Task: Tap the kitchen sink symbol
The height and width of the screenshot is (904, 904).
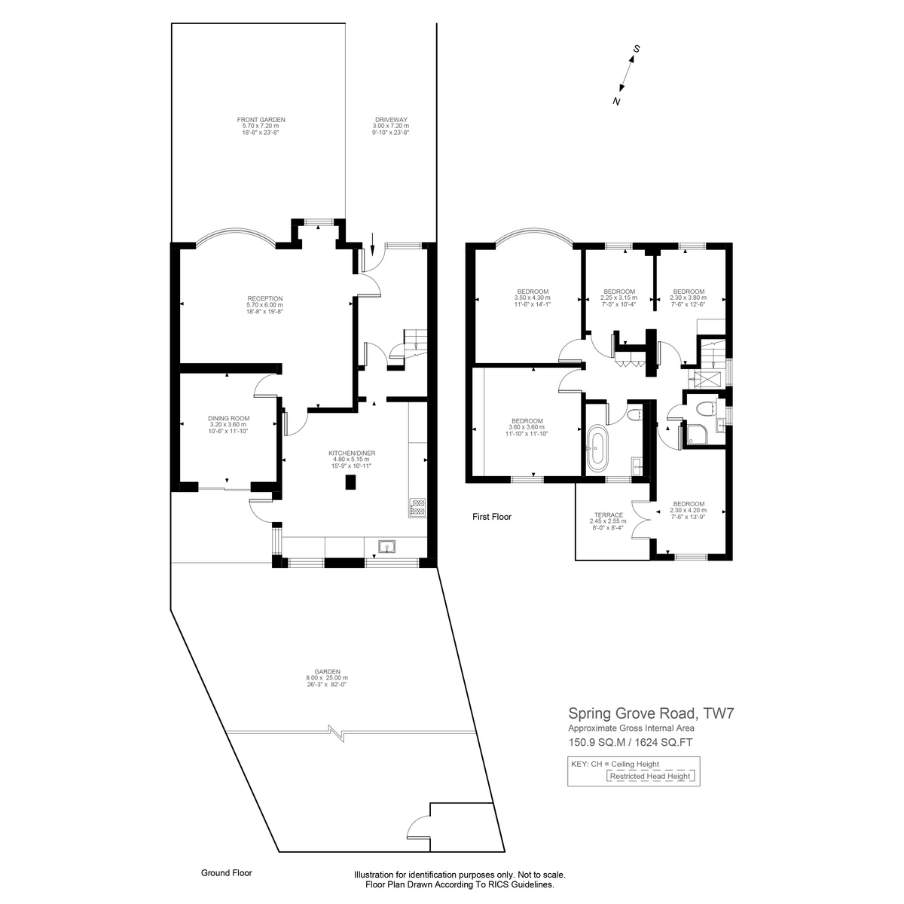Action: coord(388,546)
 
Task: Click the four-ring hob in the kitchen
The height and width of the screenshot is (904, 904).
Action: coord(417,507)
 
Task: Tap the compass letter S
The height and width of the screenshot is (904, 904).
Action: coord(637,49)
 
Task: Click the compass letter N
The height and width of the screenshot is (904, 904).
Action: coord(616,101)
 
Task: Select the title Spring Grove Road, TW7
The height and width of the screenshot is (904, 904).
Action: coord(651,713)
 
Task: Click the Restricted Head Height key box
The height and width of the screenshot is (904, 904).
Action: coord(649,776)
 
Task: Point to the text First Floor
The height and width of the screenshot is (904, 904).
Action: coord(491,517)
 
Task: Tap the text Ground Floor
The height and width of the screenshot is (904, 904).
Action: coord(226,873)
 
